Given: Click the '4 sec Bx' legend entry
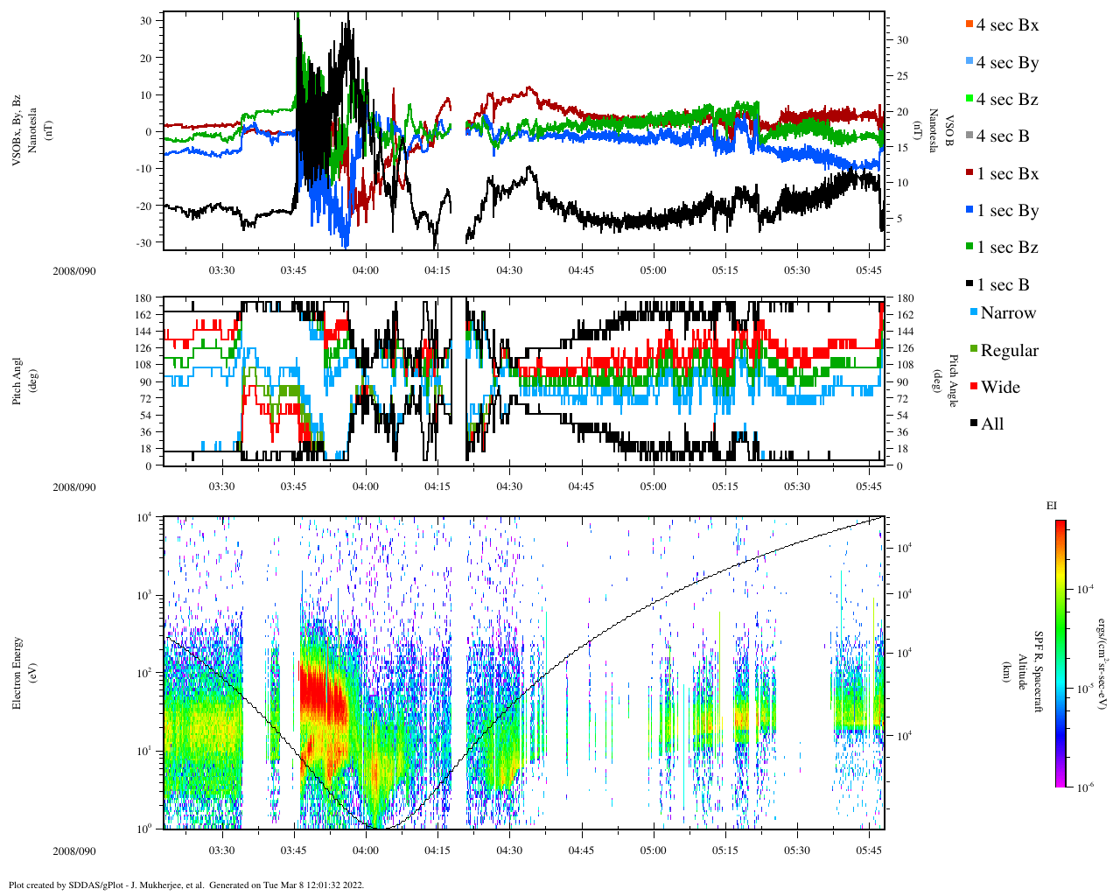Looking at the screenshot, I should (x=1006, y=25).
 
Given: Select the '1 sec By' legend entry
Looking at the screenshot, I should (x=1006, y=211).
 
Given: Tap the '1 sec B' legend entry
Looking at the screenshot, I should (x=1002, y=285).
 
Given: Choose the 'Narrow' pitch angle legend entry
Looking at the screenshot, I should (x=1007, y=313).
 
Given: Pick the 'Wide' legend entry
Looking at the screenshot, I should (x=999, y=388).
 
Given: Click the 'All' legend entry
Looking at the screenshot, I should (x=991, y=424).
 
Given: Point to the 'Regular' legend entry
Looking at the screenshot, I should (x=1008, y=351).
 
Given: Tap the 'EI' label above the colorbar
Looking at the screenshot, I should (x=1052, y=506).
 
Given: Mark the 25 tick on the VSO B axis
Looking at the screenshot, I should (x=902, y=76).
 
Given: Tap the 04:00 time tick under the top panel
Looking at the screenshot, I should (x=366, y=270).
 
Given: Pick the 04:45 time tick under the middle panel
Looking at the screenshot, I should (x=581, y=486).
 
